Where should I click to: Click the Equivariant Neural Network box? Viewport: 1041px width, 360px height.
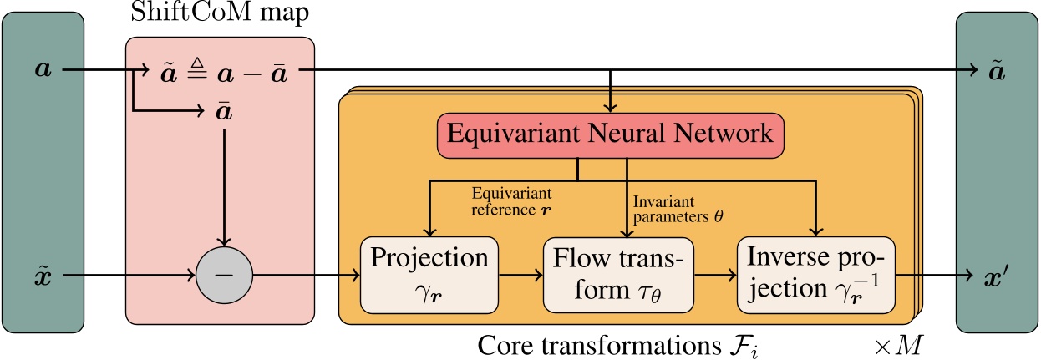click(x=611, y=134)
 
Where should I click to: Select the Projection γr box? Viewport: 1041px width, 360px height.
click(x=429, y=273)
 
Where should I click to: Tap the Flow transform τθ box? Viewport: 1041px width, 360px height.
click(x=618, y=273)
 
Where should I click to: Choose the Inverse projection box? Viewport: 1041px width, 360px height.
click(x=815, y=273)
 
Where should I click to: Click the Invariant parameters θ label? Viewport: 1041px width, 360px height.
click(x=678, y=208)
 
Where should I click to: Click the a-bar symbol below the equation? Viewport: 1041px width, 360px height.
click(x=223, y=110)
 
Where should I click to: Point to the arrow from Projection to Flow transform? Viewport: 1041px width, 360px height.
click(x=520, y=274)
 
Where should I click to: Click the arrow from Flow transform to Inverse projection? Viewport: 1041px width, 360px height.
click(x=714, y=274)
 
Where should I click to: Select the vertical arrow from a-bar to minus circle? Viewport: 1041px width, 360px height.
click(x=222, y=184)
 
